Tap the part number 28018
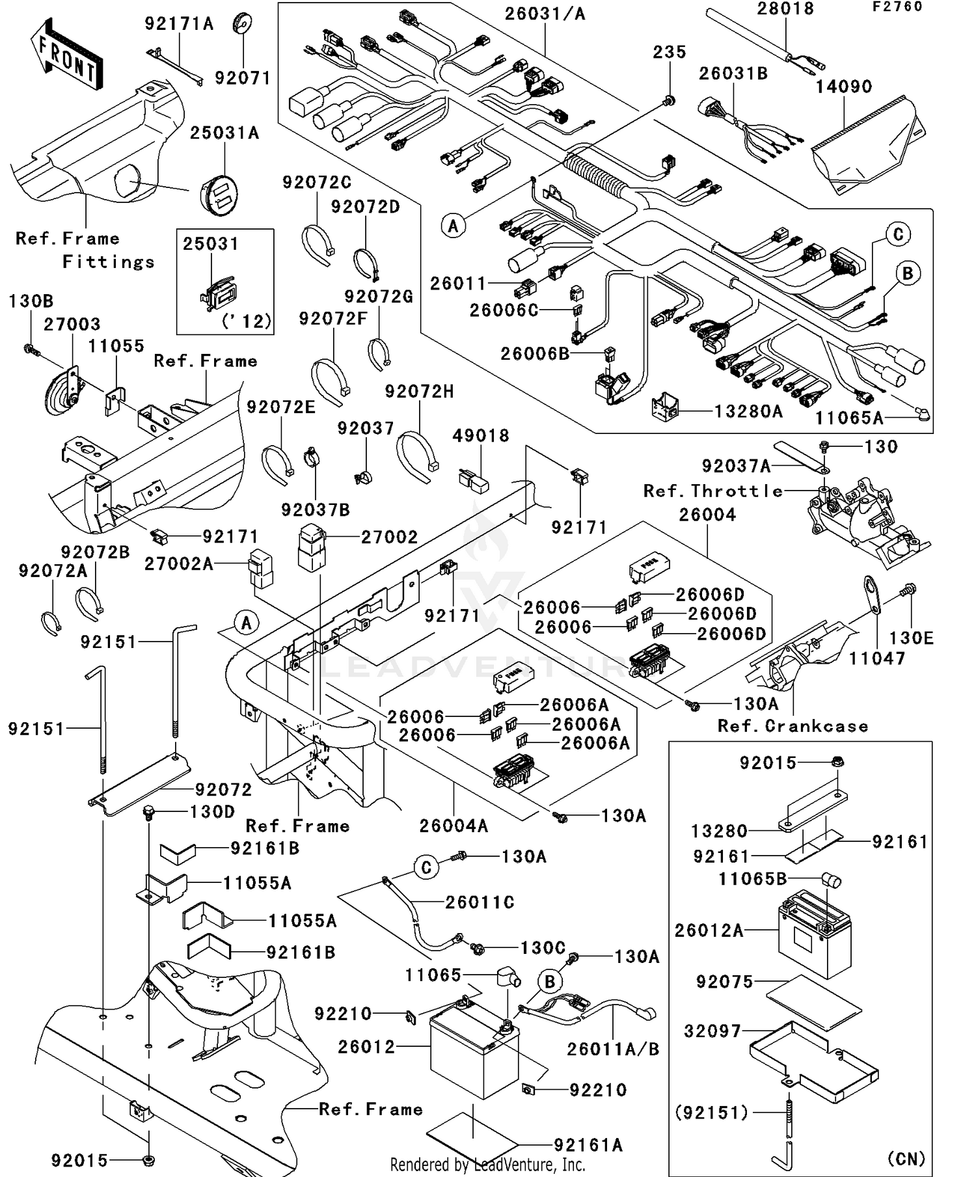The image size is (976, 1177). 785,9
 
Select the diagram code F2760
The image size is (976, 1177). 897,7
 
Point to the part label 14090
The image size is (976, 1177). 844,87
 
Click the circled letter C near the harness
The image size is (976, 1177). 898,235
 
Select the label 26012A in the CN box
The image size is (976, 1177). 709,930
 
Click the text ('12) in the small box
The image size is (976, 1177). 246,321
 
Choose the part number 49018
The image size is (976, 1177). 481,435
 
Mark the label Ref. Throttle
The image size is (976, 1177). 713,491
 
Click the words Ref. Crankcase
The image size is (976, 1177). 793,726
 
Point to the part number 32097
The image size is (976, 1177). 712,1031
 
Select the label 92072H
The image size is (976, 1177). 420,392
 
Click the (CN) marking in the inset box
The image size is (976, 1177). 906,1159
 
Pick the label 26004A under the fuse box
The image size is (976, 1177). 454,826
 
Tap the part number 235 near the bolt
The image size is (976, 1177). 670,52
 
